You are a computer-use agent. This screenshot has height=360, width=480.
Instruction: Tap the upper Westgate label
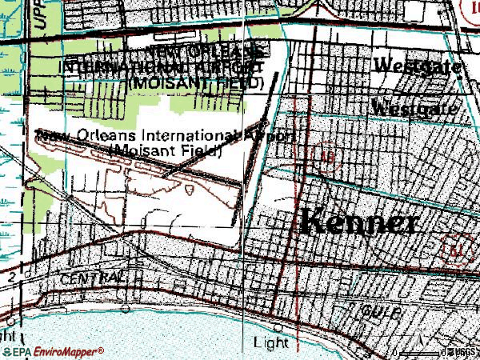click(x=417, y=67)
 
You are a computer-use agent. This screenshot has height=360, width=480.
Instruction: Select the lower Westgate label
click(x=414, y=106)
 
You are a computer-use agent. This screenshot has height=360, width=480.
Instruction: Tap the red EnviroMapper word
click(x=67, y=352)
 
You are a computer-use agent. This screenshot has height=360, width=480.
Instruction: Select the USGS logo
click(x=462, y=352)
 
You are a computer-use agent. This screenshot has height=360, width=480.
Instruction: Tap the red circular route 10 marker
click(x=325, y=155)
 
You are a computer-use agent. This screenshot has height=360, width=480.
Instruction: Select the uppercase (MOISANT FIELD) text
click(x=197, y=82)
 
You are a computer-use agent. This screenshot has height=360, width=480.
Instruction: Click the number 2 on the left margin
click(x=12, y=275)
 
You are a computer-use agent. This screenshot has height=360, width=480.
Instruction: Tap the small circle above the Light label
click(x=278, y=327)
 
